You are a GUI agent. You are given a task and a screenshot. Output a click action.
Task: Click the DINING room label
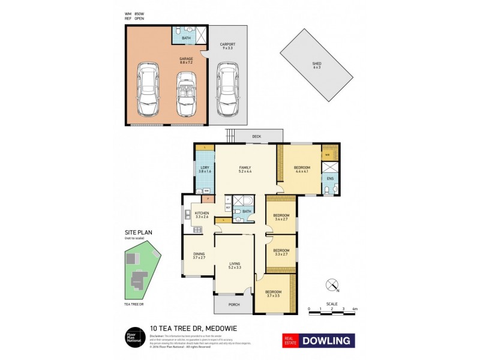(x=199, y=255)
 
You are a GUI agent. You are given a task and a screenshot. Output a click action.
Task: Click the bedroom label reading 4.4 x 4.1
(x=302, y=169)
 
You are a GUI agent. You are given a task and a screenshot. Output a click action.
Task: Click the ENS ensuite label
(x=330, y=178)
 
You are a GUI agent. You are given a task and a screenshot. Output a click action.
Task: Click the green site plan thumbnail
(x=140, y=274)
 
